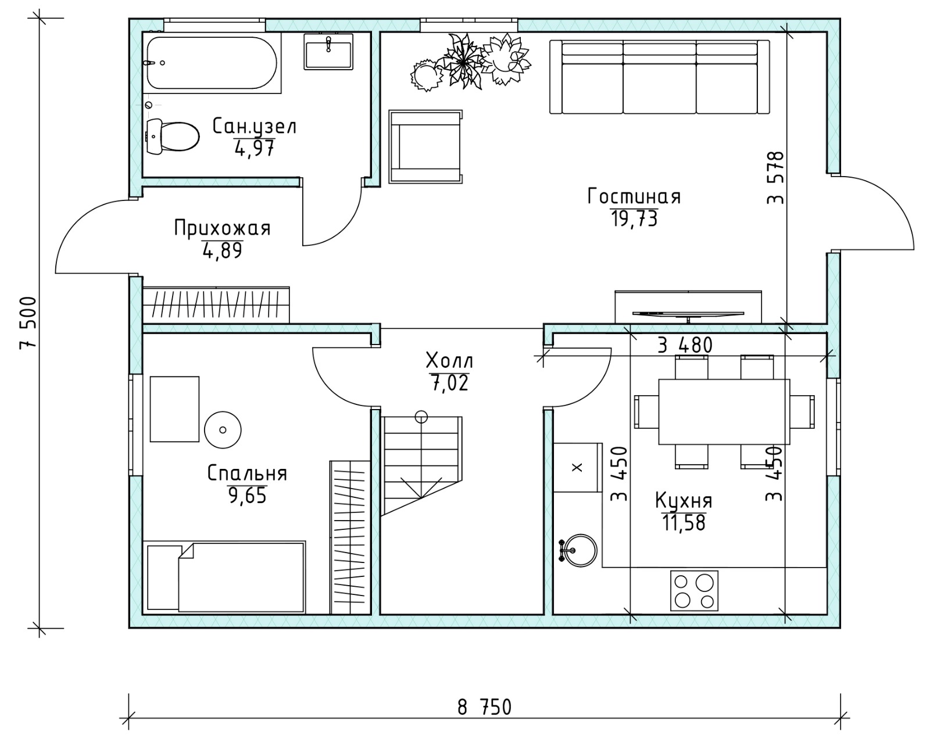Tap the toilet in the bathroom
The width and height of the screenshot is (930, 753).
(x=173, y=136)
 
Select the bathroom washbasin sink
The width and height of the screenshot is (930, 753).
(x=328, y=52)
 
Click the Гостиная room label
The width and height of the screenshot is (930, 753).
(x=634, y=196)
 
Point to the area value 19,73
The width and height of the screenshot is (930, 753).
(x=634, y=218)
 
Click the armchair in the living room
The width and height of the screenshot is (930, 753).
(x=425, y=146)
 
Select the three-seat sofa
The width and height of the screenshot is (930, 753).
(x=659, y=77)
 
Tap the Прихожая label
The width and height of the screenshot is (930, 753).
(x=222, y=228)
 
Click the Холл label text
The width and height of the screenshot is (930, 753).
(x=449, y=361)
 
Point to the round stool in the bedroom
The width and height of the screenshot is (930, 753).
(x=223, y=430)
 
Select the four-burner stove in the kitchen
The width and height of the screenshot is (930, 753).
(x=694, y=591)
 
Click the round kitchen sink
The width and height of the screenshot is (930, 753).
(x=580, y=550)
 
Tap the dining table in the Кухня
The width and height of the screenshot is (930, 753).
(x=724, y=411)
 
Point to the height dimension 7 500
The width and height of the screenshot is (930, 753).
(x=27, y=322)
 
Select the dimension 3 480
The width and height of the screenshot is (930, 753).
(x=685, y=345)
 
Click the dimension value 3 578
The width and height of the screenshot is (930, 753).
(x=775, y=178)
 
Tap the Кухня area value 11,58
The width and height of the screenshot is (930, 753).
(x=684, y=522)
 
